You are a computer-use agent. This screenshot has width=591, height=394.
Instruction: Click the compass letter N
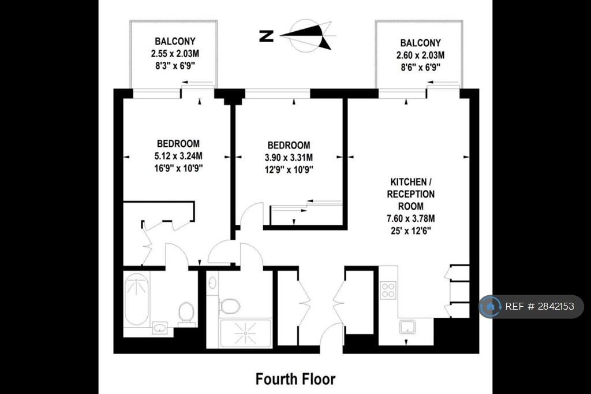pos(267,36)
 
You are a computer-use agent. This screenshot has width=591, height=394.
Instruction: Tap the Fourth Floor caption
pos(295,379)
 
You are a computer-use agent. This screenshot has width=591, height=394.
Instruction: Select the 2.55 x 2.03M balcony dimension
pos(175,54)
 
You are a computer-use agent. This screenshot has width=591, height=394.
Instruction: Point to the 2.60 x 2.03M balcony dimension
pos(420,55)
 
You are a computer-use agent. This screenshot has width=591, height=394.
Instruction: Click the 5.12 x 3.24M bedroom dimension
pos(178,156)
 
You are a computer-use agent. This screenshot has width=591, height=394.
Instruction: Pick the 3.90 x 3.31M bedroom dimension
pos(289,157)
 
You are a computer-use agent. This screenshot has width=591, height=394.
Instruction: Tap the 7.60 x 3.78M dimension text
pos(411,218)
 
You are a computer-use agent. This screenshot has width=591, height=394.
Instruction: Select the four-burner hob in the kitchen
pos(388,290)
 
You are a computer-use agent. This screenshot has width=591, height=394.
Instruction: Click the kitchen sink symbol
pos(407,327)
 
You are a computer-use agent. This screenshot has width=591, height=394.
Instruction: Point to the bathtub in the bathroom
pos(136,299)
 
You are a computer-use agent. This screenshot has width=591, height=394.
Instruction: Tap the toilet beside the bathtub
pos(186,311)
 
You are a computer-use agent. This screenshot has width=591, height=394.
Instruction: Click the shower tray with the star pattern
pos(245,333)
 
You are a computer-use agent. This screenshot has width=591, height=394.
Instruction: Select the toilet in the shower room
pos(229,306)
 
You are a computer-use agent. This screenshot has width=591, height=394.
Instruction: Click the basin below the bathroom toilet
pos(161,327)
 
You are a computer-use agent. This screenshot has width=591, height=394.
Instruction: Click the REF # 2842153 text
pos(540,306)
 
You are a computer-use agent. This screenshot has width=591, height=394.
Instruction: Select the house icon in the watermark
pos(491,306)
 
